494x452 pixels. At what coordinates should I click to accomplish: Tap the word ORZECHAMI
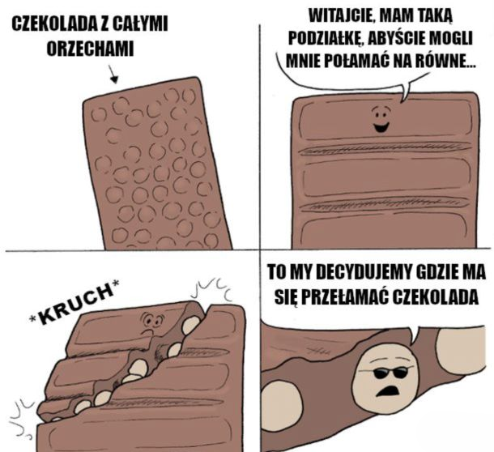click(x=90, y=49)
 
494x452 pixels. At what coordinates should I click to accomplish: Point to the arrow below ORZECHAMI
click(x=113, y=75)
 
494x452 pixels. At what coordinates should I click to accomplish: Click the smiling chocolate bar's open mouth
click(x=381, y=128)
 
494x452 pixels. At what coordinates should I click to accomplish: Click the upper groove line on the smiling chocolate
click(x=383, y=148)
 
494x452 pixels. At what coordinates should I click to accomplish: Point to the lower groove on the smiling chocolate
click(x=383, y=204)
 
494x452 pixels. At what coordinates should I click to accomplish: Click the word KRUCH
click(x=75, y=303)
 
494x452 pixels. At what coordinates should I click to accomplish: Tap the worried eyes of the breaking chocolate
click(x=153, y=320)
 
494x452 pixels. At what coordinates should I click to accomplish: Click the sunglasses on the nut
click(x=389, y=373)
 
